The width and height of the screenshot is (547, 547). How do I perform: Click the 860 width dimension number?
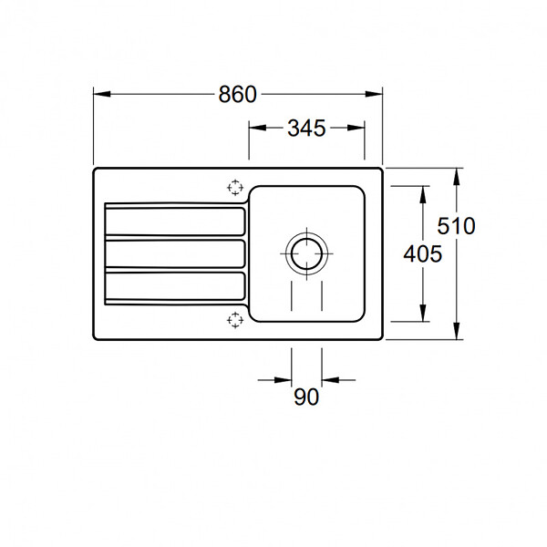(x=238, y=94)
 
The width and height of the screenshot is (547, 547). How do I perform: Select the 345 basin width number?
(x=306, y=128)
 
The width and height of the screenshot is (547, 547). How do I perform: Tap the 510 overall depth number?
(x=456, y=226)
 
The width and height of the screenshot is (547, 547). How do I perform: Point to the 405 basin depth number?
(x=422, y=253)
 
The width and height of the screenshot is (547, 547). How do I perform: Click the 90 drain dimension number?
(x=306, y=397)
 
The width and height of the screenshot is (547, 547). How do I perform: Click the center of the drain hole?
(x=306, y=253)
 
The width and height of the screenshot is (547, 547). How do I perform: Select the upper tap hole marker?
(x=235, y=188)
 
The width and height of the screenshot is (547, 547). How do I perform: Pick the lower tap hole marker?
(x=235, y=320)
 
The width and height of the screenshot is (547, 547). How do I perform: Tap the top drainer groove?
(x=175, y=222)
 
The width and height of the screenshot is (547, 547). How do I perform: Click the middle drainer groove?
(x=175, y=253)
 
